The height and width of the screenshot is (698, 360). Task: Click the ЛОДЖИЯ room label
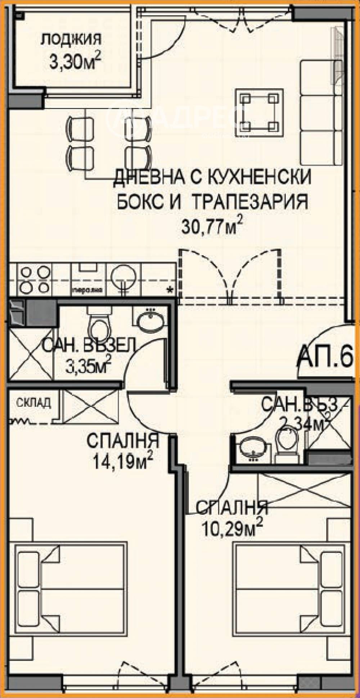click(70, 40)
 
